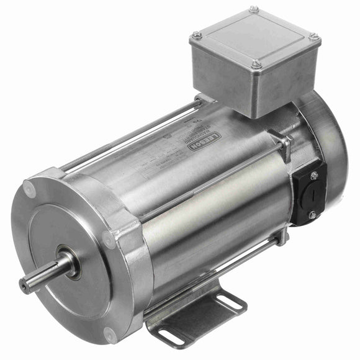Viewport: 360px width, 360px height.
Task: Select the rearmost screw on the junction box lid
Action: coord(254,9)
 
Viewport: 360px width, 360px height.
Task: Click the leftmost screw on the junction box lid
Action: coord(197,35)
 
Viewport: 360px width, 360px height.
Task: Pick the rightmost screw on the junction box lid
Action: coord(314,37)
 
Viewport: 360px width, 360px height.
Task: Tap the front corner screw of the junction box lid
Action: coord(256,63)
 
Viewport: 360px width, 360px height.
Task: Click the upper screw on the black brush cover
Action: coord(313,176)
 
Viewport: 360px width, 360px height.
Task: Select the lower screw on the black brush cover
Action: coord(312,214)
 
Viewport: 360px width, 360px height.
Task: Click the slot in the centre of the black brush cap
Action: coord(313,195)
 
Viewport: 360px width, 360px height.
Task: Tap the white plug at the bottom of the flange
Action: coord(110,338)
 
